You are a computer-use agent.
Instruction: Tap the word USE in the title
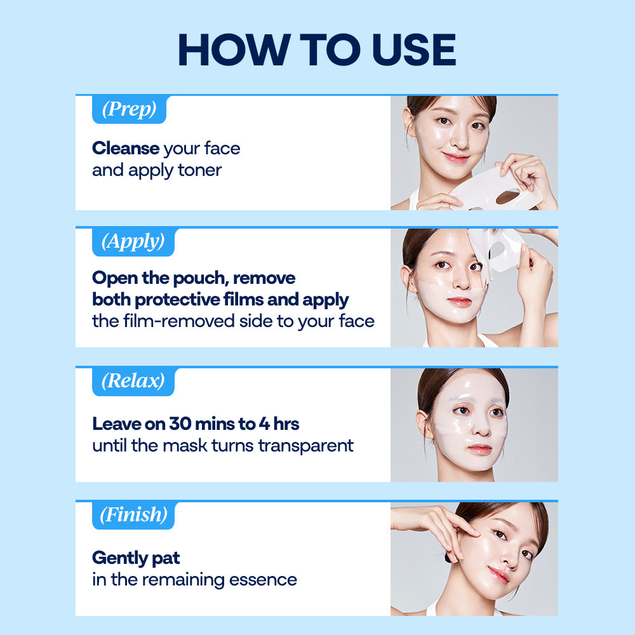click(x=414, y=50)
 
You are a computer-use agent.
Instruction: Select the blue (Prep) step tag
click(x=129, y=109)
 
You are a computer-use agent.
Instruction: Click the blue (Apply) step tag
click(x=133, y=242)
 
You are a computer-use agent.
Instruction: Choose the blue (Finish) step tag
click(x=133, y=515)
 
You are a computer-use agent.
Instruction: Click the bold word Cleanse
click(x=126, y=148)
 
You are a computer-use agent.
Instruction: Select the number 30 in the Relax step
click(x=180, y=424)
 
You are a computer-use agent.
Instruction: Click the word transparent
click(x=306, y=446)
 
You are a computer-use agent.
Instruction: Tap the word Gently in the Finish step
click(x=119, y=558)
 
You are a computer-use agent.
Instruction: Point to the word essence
click(x=263, y=580)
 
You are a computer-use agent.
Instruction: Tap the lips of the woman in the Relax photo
click(x=479, y=449)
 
